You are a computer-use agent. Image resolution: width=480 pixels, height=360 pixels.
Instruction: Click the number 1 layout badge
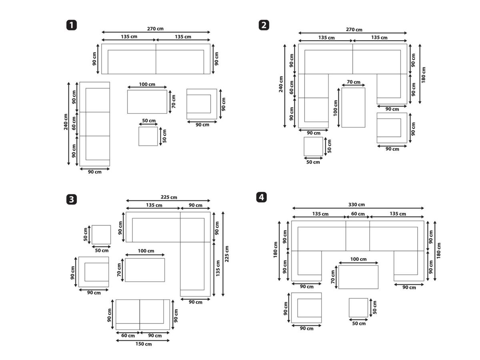[x=72, y=25]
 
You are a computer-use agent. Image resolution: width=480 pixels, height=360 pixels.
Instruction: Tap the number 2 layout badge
[x=264, y=25]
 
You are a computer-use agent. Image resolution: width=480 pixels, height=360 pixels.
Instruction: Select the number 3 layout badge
[x=72, y=199]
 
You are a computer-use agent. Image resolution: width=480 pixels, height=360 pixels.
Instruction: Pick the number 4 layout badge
[x=261, y=197]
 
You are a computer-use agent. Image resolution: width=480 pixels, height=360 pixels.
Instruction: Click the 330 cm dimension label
[x=356, y=204]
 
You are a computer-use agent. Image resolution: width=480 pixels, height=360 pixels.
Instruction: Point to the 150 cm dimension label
[x=144, y=344]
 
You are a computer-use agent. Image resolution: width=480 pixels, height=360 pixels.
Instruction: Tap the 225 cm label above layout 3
[x=169, y=197]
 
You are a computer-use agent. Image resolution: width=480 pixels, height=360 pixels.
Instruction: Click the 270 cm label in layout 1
[x=155, y=29]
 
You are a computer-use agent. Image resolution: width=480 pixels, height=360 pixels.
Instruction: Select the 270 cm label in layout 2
[x=354, y=30]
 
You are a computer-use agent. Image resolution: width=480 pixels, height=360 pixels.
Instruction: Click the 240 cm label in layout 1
[x=66, y=122]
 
